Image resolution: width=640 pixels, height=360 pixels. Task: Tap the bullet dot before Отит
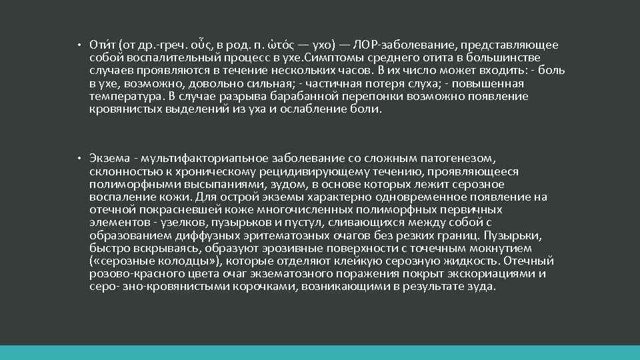[x=79, y=46]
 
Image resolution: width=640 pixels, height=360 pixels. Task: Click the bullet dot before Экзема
[x=79, y=159]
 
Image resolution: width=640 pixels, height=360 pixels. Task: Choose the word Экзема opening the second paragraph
[x=108, y=159]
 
